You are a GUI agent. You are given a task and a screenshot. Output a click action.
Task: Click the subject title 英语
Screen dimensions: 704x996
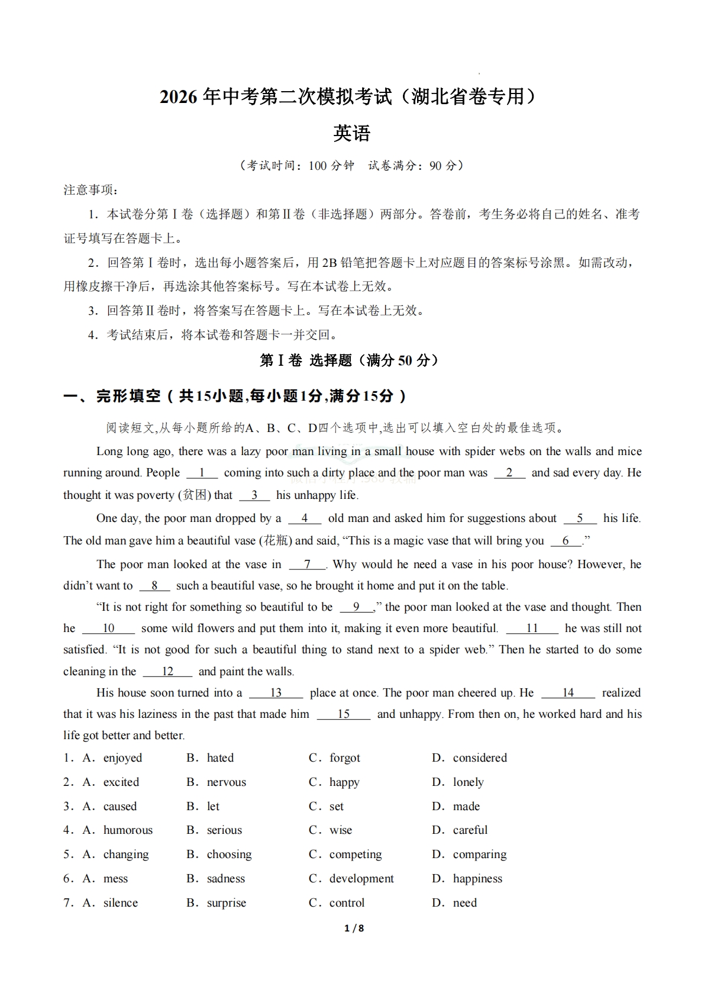click(351, 133)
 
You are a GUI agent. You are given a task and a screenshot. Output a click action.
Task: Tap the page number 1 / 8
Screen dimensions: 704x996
click(354, 928)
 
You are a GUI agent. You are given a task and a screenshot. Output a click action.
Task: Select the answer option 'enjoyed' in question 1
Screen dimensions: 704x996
click(122, 758)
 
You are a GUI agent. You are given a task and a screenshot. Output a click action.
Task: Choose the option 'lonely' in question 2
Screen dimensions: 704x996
click(468, 782)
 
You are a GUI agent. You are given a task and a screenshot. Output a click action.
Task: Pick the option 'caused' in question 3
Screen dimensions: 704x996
click(120, 807)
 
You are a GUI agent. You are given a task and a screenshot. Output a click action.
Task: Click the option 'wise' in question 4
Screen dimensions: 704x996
click(340, 830)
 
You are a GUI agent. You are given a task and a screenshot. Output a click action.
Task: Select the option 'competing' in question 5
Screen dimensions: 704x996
click(355, 855)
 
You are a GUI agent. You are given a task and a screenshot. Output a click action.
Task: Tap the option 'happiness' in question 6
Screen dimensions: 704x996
click(477, 879)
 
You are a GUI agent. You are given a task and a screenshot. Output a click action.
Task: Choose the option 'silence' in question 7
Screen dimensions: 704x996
click(120, 903)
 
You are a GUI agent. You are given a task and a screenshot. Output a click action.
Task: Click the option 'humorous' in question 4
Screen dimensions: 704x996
click(128, 830)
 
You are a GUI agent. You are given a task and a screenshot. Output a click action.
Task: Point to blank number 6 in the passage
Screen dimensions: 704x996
click(566, 541)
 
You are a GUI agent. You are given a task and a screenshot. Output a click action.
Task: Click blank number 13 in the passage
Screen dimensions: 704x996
click(276, 693)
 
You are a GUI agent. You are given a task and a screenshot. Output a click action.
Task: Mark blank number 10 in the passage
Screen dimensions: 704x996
click(108, 628)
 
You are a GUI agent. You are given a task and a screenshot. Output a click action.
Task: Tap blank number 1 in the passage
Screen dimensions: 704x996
click(202, 473)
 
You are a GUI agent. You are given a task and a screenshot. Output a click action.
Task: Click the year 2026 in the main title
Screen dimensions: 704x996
click(178, 96)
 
